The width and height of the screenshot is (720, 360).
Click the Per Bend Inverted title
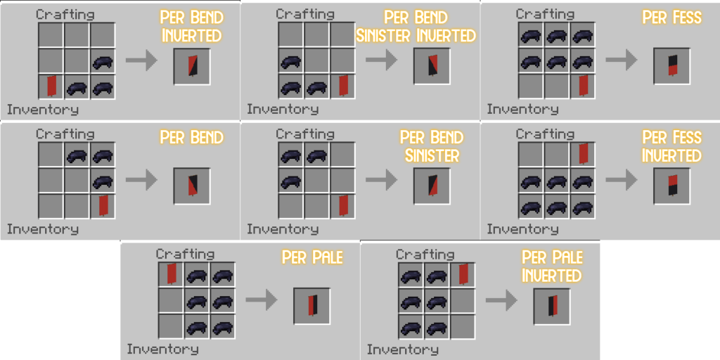191,26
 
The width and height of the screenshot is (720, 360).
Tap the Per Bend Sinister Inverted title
416,26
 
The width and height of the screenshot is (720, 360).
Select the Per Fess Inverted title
671,146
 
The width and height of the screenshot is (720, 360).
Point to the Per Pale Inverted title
552,266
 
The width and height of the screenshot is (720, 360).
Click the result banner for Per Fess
671,66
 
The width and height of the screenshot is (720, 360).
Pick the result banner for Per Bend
191,186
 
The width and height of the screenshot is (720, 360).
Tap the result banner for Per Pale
311,305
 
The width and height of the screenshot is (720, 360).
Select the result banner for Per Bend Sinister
431,186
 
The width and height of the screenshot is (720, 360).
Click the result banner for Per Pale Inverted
551,305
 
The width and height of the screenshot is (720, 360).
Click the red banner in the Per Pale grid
171,274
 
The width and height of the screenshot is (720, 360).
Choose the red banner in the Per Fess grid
583,86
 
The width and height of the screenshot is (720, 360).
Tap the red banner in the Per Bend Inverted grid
51,86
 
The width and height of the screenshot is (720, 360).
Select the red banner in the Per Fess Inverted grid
583,154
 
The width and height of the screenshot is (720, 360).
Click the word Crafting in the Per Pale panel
185,254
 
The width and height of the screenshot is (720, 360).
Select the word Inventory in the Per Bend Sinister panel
283,229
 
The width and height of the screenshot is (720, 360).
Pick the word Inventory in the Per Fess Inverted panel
522,229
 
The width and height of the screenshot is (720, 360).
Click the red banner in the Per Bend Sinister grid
343,205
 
